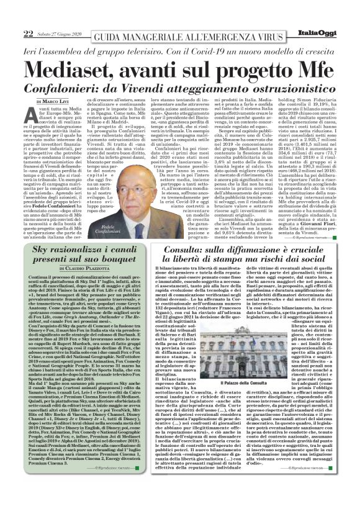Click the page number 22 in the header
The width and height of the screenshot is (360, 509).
point(28,13)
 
